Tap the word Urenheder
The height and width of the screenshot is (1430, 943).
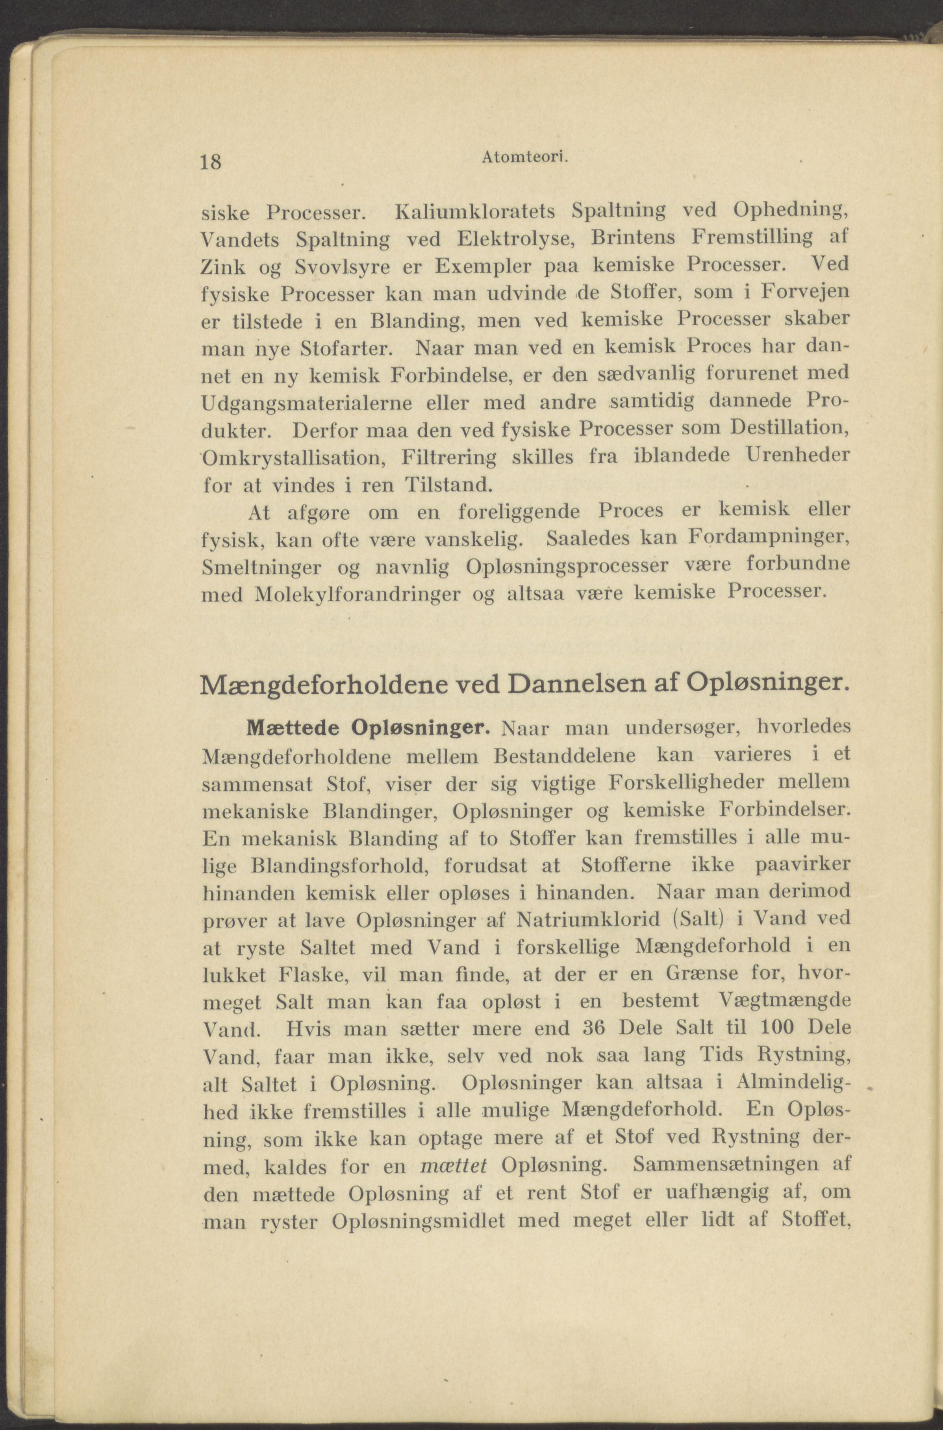coord(798,456)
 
